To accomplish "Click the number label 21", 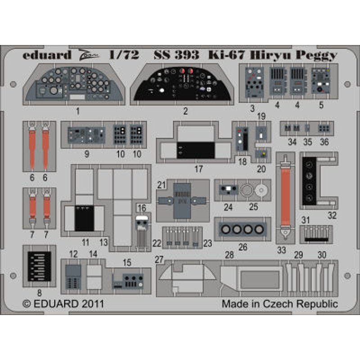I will coord(162,185).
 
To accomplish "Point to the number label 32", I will coord(332,215).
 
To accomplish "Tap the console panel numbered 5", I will coord(321,81).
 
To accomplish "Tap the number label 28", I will coord(229,255).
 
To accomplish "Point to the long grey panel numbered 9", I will coord(86,135).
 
